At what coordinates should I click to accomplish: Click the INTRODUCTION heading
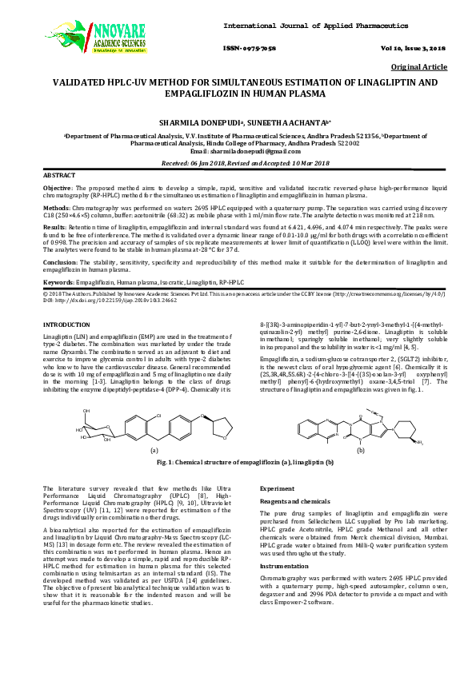click(x=66, y=325)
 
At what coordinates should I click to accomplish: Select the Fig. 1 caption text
click(x=238, y=463)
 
